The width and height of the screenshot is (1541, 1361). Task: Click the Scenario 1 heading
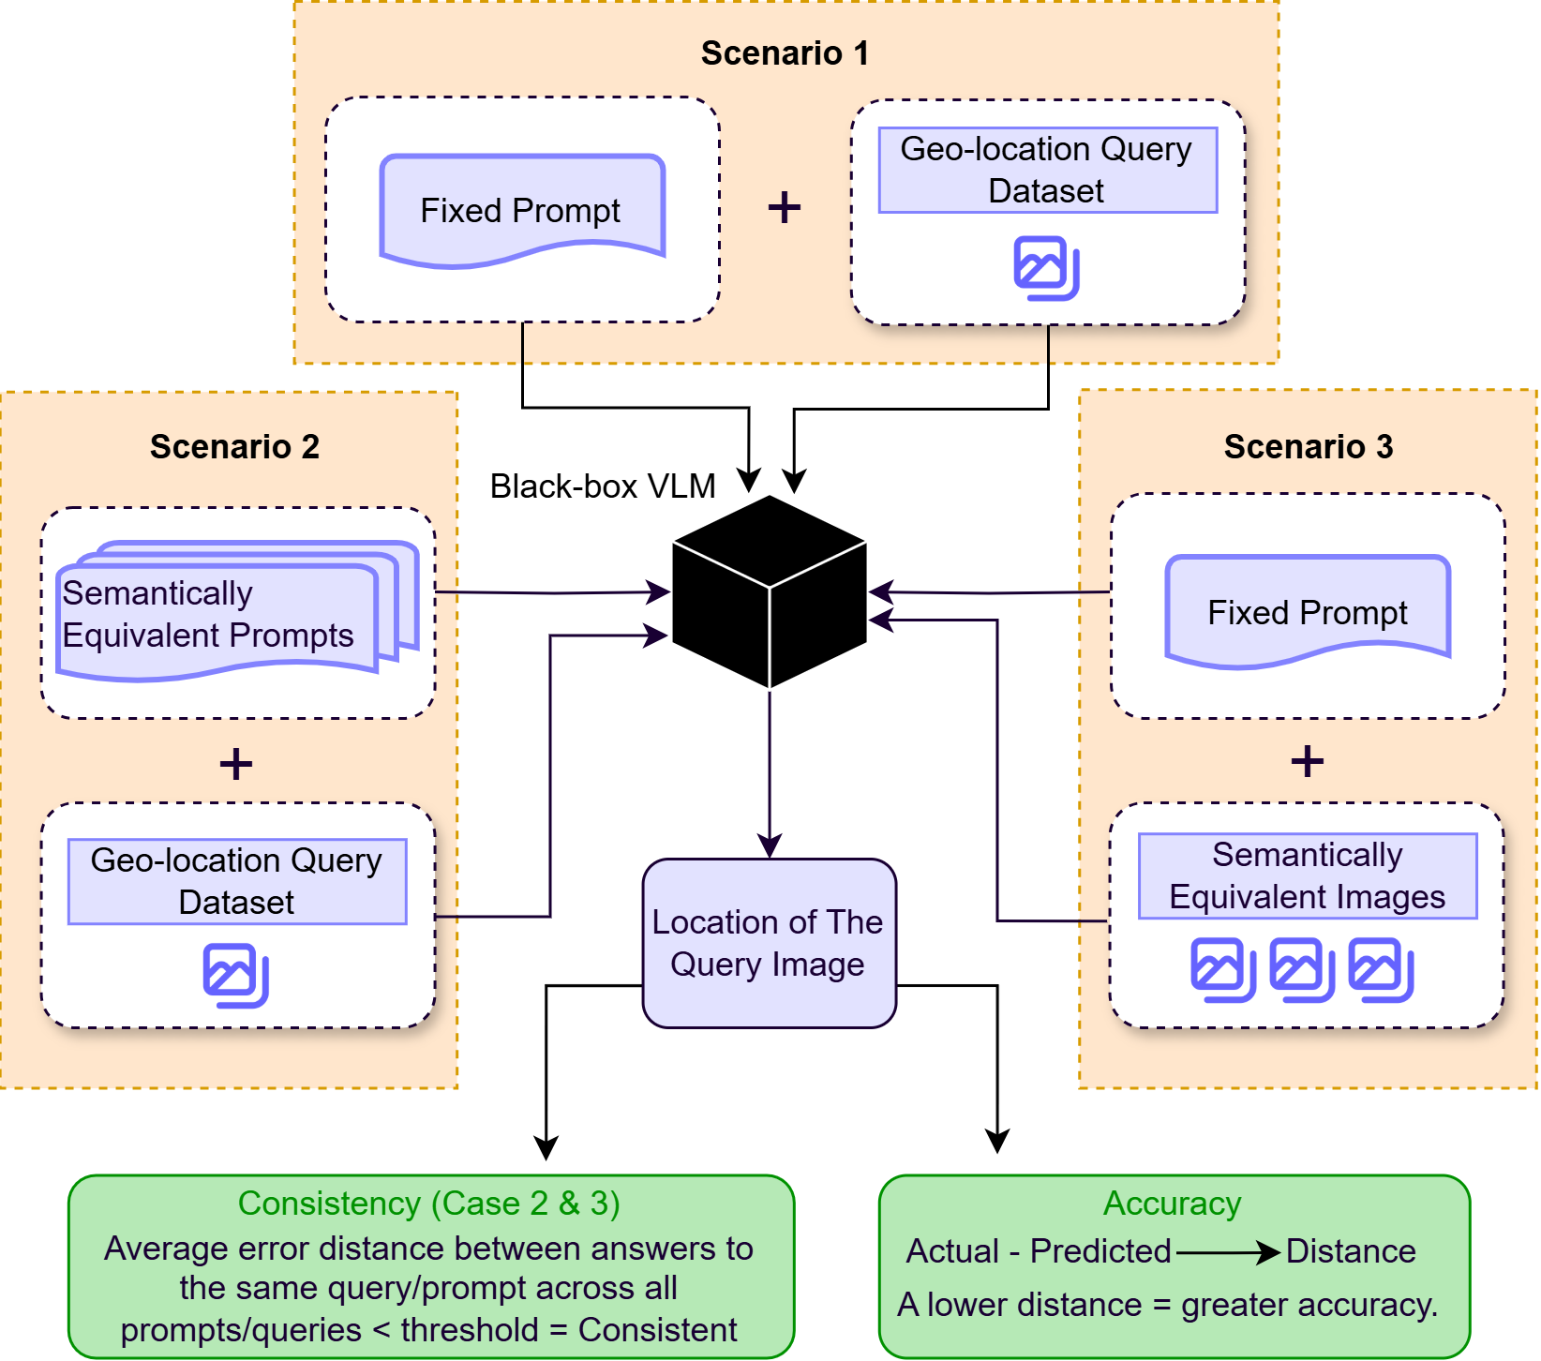click(x=785, y=53)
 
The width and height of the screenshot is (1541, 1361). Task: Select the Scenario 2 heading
click(x=234, y=447)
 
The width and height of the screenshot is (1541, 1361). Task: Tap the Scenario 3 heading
click(x=1308, y=447)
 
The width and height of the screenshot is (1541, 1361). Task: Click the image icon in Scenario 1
click(x=1046, y=268)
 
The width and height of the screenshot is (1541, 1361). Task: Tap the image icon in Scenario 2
click(x=235, y=976)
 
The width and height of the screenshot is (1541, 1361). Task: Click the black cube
click(x=769, y=591)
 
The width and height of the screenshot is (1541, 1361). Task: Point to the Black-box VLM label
click(x=602, y=486)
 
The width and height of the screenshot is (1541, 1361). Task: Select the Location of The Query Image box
click(x=769, y=943)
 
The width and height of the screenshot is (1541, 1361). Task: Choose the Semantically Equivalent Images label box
click(x=1307, y=875)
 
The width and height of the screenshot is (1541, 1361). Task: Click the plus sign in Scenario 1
click(x=784, y=207)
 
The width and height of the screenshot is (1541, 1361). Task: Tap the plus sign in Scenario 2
click(x=235, y=763)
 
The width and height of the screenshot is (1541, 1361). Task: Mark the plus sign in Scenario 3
click(x=1307, y=761)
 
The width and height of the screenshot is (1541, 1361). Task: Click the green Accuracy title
click(x=1172, y=1203)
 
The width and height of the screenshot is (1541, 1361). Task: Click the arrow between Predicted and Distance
click(x=1227, y=1251)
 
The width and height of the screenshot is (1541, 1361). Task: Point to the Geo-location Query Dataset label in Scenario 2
click(x=236, y=881)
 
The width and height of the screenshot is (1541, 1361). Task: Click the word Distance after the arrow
click(x=1350, y=1251)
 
